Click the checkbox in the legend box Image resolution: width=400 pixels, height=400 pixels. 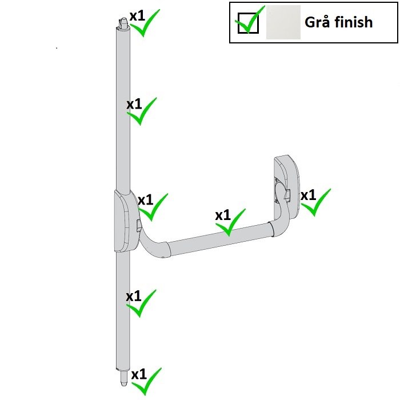coord(248,23)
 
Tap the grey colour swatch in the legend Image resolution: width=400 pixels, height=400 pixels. coord(283,22)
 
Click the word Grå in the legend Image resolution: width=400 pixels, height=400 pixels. coord(318,22)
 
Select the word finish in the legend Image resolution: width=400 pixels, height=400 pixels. coord(354,22)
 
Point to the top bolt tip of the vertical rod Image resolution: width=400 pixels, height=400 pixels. coord(124,18)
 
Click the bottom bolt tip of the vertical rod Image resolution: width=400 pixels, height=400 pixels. coord(123,384)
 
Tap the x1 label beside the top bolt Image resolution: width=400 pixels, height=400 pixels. coord(137,16)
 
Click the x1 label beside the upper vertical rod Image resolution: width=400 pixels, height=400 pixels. coord(134,104)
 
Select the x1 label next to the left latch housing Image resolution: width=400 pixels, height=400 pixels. coord(145,200)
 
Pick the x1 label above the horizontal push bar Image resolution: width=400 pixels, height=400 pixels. coord(223,215)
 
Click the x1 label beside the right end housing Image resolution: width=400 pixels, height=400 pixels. coord(308,195)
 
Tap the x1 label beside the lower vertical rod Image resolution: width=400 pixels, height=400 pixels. coord(133,296)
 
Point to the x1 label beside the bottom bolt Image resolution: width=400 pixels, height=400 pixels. coord(139,374)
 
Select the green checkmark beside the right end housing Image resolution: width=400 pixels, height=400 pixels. coord(316,202)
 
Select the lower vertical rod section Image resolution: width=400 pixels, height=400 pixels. coord(123,310)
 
